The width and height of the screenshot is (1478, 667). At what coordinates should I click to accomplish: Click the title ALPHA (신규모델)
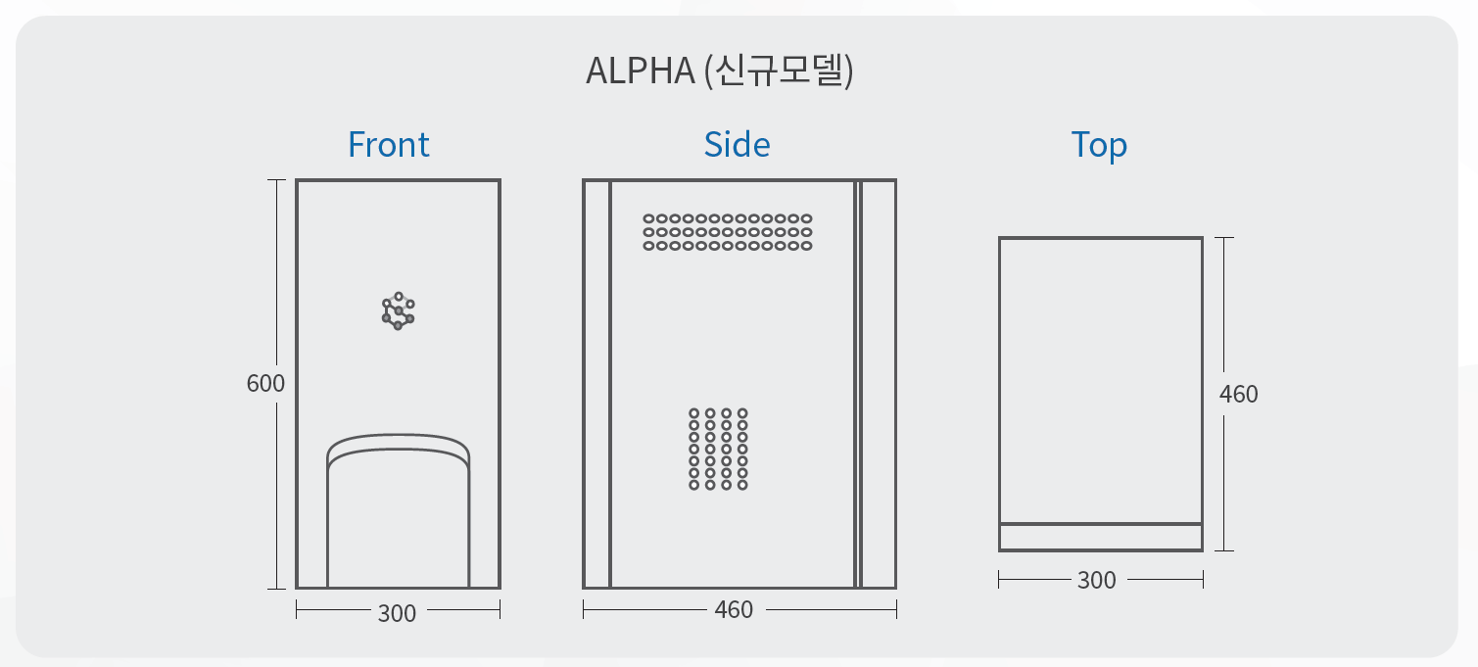click(720, 71)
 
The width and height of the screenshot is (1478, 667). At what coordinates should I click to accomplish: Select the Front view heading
click(389, 145)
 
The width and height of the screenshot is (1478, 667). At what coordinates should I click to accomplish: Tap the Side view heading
click(737, 145)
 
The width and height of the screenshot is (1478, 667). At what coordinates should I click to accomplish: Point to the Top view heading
click(1099, 145)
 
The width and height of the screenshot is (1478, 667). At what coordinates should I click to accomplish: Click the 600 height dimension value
click(265, 383)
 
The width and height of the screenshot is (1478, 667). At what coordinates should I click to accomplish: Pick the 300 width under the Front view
click(397, 613)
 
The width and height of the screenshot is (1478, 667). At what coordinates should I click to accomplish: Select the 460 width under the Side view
click(734, 610)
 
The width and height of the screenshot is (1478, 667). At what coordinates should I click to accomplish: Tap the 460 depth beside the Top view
click(1238, 394)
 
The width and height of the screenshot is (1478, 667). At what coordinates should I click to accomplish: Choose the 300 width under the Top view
click(1096, 581)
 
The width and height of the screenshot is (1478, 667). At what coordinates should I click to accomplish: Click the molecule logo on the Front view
click(398, 310)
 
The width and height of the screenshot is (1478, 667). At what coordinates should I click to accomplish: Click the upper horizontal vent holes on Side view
click(728, 232)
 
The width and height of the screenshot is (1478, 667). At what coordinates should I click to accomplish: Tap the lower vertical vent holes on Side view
click(718, 449)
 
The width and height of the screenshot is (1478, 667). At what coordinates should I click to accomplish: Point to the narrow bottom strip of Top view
click(1100, 538)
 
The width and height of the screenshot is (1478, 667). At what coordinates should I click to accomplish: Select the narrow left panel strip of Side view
click(596, 384)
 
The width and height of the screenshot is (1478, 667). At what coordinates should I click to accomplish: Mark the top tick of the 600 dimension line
click(277, 180)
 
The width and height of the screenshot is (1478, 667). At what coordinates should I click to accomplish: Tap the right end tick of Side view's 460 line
click(896, 610)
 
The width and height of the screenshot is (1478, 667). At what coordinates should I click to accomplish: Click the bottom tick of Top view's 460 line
click(1224, 550)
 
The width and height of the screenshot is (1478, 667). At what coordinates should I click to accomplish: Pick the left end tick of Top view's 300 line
click(999, 580)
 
